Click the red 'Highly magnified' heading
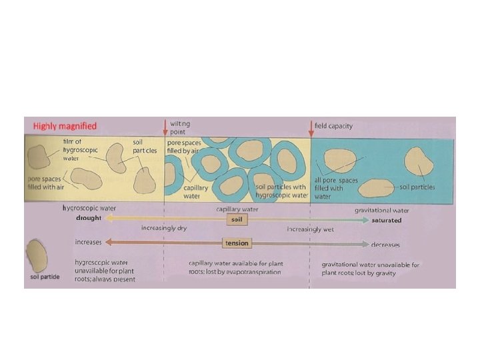[61, 126]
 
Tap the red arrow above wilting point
[165, 126]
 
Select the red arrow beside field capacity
[311, 126]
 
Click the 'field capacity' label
[333, 126]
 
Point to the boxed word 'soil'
[236, 219]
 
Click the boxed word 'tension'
[236, 243]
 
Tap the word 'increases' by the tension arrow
[88, 243]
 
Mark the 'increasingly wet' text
[310, 229]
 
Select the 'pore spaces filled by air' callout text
[183, 147]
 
